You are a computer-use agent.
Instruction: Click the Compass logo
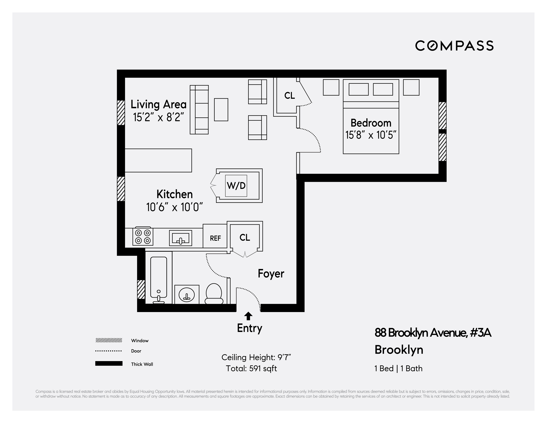(454, 46)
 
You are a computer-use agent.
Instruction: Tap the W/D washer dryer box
(236, 186)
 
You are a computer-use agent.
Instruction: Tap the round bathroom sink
(187, 295)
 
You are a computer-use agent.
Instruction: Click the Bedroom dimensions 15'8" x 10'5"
(371, 135)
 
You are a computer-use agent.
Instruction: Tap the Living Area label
(158, 104)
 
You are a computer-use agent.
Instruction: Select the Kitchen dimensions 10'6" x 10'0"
(174, 207)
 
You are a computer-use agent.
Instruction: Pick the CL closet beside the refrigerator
(245, 237)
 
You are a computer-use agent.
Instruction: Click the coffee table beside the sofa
(221, 110)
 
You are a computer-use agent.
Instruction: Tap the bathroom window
(141, 289)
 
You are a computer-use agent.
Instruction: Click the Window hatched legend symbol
(109, 340)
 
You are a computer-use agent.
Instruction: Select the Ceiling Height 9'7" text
(256, 357)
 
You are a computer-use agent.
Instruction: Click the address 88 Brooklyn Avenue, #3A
(432, 333)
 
